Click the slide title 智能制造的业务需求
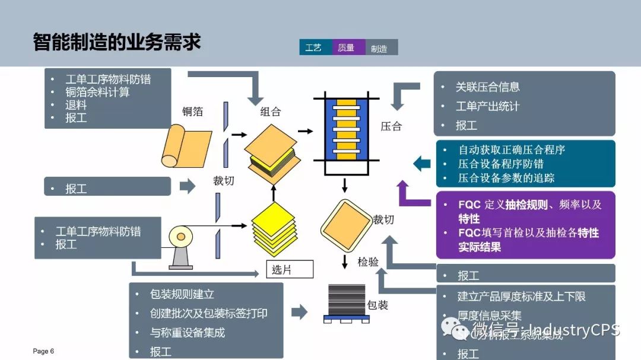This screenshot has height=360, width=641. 117,42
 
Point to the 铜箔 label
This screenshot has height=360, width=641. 192,111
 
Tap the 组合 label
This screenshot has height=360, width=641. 271,111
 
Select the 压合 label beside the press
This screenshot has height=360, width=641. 391,126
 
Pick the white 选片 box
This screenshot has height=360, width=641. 288,269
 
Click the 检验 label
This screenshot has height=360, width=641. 368,262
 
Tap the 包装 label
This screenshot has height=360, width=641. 377,305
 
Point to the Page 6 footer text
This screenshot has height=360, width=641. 43,351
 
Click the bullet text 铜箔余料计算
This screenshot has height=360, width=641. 97,92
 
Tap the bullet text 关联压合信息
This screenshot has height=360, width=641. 487,87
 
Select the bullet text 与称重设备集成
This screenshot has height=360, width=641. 188,332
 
